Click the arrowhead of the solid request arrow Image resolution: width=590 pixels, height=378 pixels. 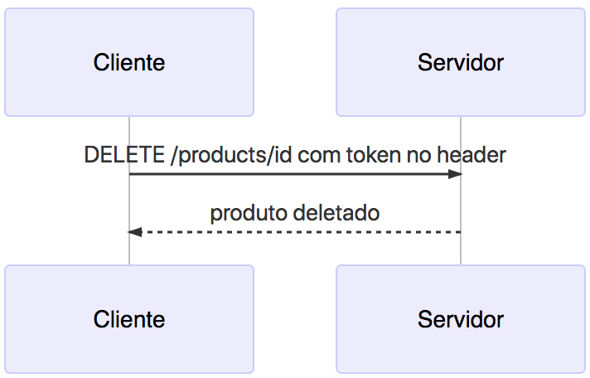455,174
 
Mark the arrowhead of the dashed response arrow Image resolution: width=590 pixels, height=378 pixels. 135,232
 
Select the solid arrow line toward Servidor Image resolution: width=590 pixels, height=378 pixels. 290,174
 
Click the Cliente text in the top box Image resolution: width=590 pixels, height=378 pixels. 128,63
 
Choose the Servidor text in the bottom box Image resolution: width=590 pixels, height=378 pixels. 461,320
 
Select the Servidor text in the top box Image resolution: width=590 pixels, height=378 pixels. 461,63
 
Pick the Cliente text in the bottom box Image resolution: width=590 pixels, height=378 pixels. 128,320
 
